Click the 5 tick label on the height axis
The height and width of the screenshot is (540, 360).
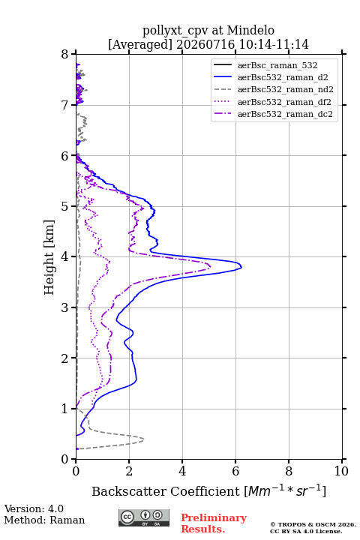[65, 206]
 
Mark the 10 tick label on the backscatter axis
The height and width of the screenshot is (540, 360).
[341, 471]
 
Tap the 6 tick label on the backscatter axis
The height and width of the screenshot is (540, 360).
[235, 471]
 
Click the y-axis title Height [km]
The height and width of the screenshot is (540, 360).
[49, 257]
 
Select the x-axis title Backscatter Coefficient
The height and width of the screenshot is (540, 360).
[166, 491]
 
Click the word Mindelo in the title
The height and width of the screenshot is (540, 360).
[250, 30]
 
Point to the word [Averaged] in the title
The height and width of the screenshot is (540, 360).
[140, 44]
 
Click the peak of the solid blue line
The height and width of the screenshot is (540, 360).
[241, 266]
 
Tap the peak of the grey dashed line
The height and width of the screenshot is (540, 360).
[143, 439]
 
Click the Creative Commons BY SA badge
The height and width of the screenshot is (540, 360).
[144, 518]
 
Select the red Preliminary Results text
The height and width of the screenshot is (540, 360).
[214, 523]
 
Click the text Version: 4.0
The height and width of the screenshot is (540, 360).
[34, 508]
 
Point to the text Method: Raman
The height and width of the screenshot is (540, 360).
[44, 520]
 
